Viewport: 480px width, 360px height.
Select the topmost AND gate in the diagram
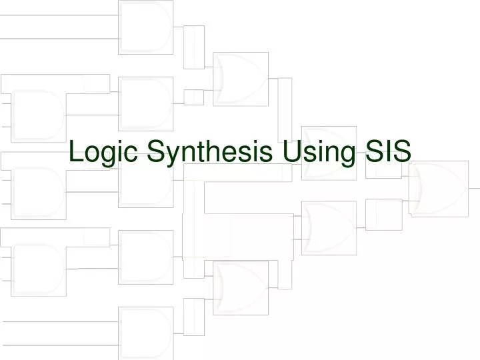[145, 27]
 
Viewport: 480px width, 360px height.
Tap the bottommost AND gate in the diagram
[145, 331]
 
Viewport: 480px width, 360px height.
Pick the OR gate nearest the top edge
[240, 79]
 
